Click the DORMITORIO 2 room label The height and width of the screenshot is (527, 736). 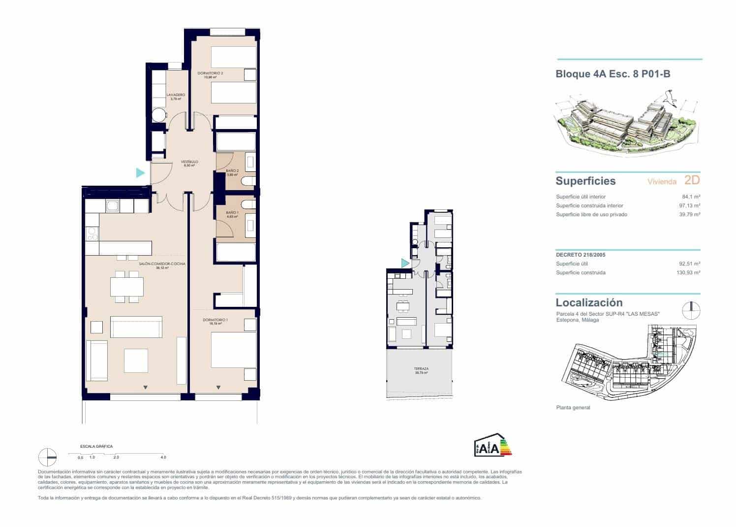(x=210, y=73)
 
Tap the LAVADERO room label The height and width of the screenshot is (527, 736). (x=176, y=95)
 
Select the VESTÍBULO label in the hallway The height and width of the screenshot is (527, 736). (x=189, y=162)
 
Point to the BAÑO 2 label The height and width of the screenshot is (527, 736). (x=232, y=171)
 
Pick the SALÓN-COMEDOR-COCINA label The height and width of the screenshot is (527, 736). (x=162, y=264)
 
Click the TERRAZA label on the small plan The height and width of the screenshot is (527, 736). (x=421, y=369)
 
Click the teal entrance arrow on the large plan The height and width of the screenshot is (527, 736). (x=140, y=173)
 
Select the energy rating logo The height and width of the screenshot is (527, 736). (x=492, y=445)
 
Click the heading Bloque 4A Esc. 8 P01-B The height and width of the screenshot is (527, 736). (x=613, y=74)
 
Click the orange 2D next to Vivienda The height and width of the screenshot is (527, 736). (x=692, y=180)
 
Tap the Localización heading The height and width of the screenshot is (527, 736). (x=589, y=302)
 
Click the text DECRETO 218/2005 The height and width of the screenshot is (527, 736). (x=581, y=255)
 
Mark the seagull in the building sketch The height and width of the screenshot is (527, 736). (x=669, y=97)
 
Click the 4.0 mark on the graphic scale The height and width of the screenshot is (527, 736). (x=163, y=457)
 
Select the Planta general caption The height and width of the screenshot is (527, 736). (x=573, y=408)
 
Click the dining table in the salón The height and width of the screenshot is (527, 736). (x=127, y=286)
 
